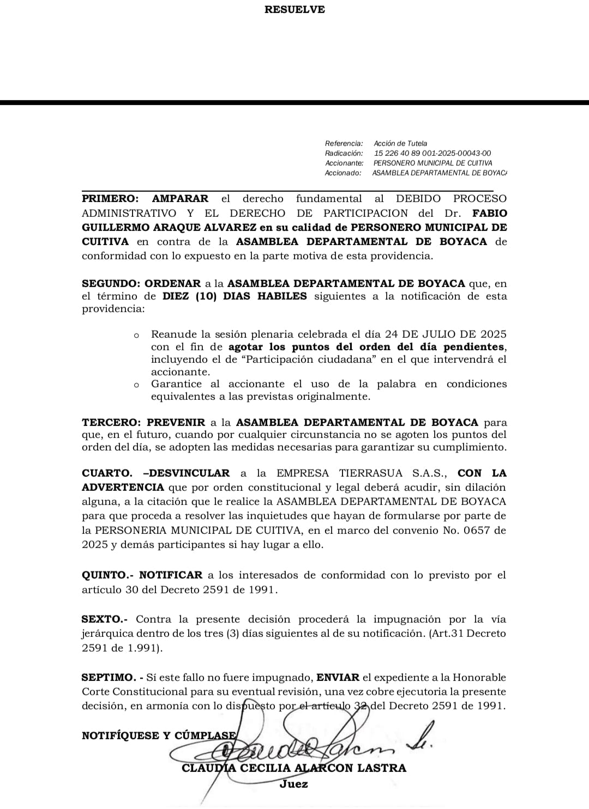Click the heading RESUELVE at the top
(294, 9)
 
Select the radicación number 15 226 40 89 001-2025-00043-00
(432, 153)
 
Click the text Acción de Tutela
(400, 143)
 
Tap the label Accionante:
(344, 163)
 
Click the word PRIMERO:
(110, 199)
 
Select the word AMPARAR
(180, 199)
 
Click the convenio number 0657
(474, 530)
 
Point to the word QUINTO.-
(107, 575)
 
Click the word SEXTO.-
(104, 619)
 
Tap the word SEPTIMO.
(108, 678)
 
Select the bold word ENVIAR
(338, 678)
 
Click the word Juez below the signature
(293, 784)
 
